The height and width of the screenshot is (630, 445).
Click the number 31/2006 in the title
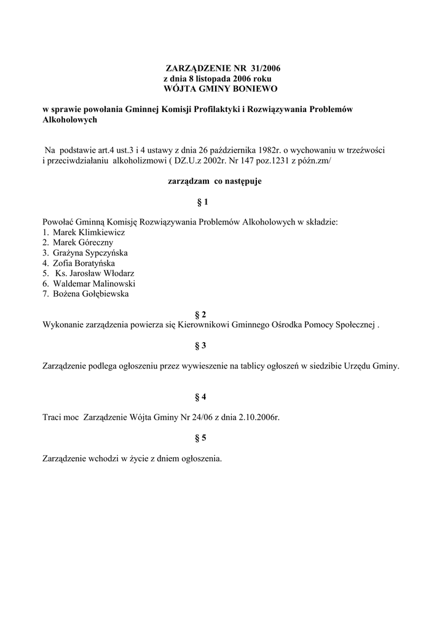pyautogui.click(x=267, y=68)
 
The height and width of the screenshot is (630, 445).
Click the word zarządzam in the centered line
pyautogui.click(x=188, y=181)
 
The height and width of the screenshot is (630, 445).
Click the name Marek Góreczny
pyautogui.click(x=82, y=242)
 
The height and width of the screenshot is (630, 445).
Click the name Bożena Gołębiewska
pyautogui.click(x=91, y=293)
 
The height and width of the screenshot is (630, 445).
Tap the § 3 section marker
pyautogui.click(x=200, y=345)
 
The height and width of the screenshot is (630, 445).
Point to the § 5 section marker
pyautogui.click(x=200, y=438)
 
